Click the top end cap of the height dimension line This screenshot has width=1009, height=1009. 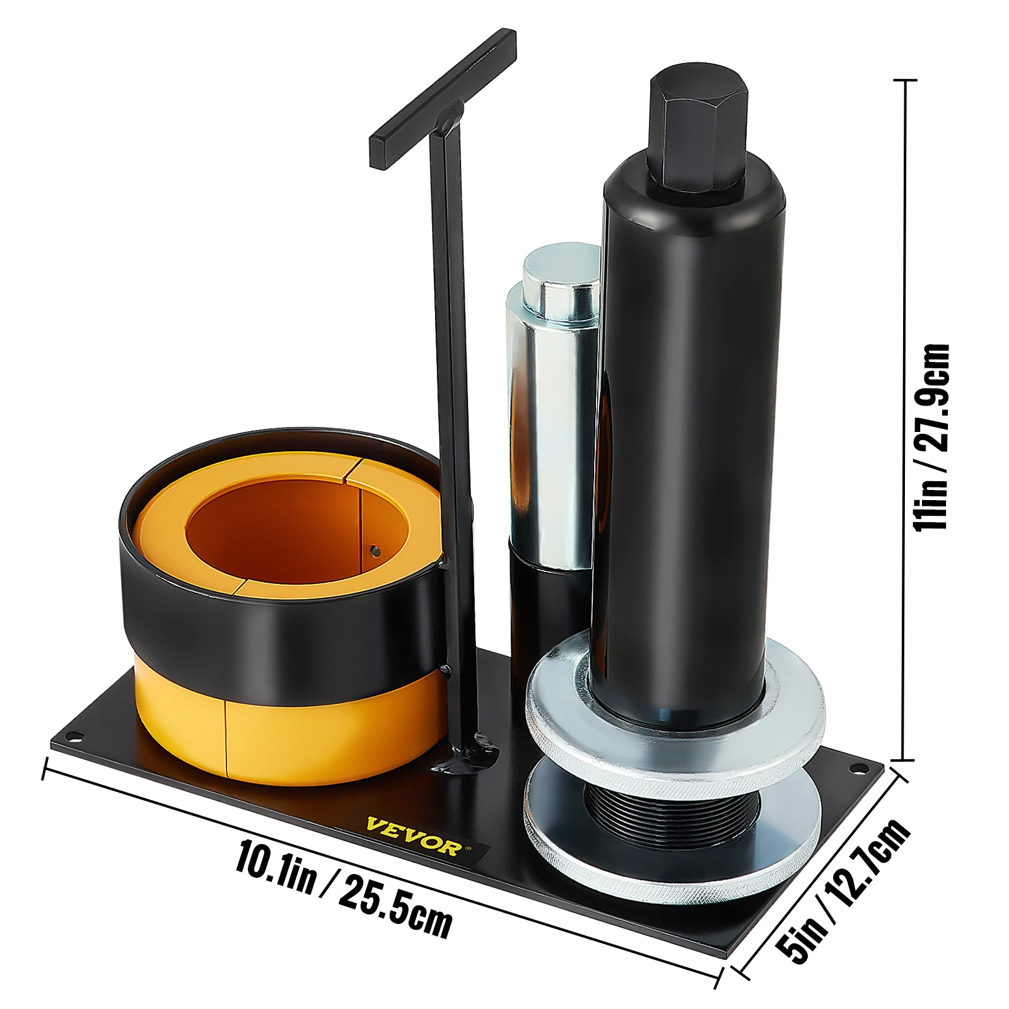[x=906, y=81]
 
